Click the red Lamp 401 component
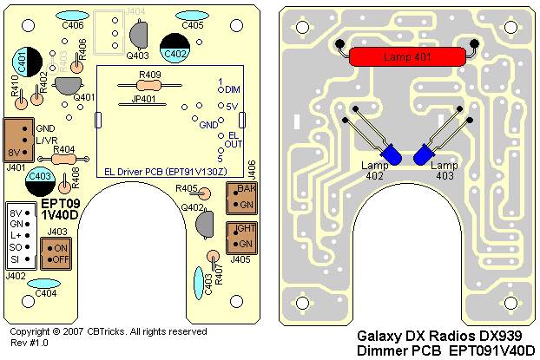[x=407, y=57]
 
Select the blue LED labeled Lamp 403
[x=424, y=154]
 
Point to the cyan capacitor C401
[x=23, y=62]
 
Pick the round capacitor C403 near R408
[x=39, y=180]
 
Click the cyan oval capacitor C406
[x=73, y=16]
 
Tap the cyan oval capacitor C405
[x=194, y=16]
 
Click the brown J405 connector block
[x=239, y=235]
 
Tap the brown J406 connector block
[x=239, y=196]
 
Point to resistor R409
[x=149, y=86]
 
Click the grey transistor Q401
[x=66, y=85]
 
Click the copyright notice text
[x=109, y=331]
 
